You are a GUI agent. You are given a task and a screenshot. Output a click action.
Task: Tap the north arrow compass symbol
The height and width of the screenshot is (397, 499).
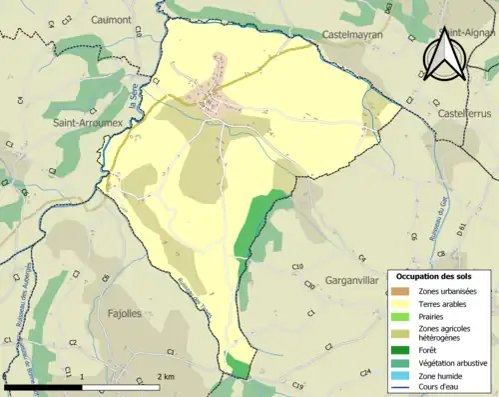[440, 56]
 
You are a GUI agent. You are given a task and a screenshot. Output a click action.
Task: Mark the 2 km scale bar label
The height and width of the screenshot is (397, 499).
[167, 376]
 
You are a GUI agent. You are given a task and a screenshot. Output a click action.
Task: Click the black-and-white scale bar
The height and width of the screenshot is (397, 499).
[81, 386]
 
